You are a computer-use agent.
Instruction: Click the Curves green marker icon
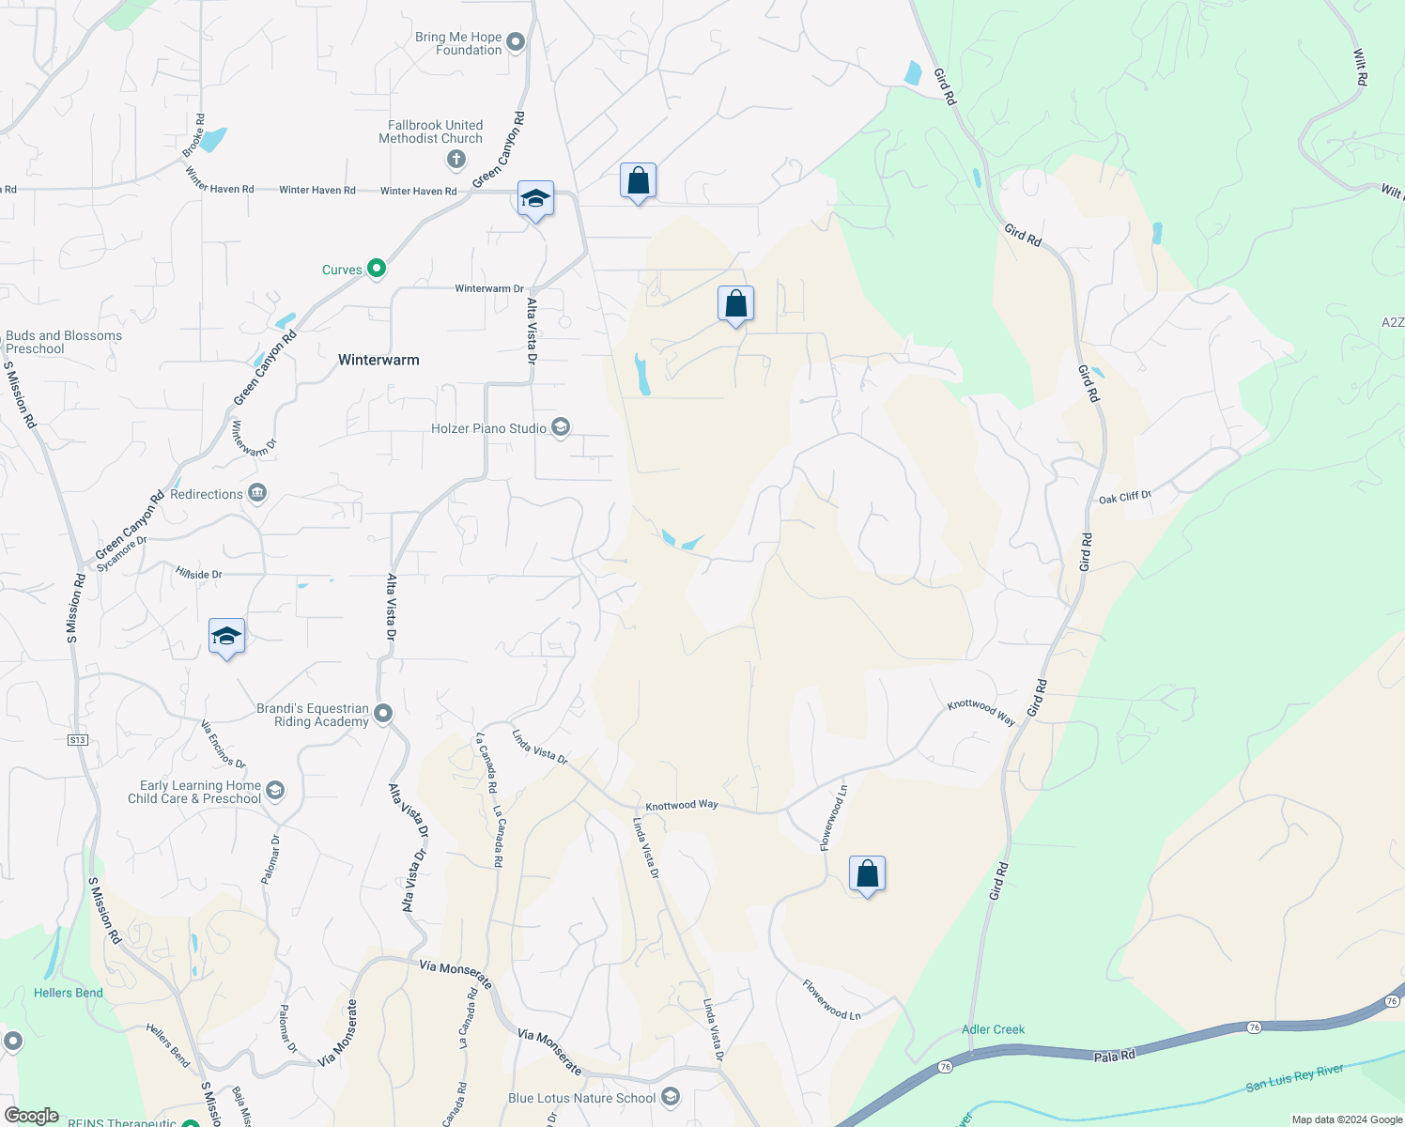coord(377,269)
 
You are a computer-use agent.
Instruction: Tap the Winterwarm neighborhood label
coord(378,360)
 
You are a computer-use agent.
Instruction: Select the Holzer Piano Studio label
coord(488,428)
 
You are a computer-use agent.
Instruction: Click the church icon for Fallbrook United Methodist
coord(456,160)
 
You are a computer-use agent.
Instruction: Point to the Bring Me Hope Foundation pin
coord(516,41)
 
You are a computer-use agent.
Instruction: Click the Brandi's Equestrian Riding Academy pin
coord(383,714)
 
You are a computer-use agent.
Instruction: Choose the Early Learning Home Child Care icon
coord(275,791)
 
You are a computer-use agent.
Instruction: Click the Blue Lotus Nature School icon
coord(671,1096)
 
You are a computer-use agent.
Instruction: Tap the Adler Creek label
coord(993,1029)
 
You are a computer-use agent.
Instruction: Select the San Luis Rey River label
coord(1294,1078)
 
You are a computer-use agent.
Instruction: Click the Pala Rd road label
coord(1115,1056)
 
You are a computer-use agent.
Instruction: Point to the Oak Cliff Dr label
coord(1124,497)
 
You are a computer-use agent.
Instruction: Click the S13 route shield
coord(77,740)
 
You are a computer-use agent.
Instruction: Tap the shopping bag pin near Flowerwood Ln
coord(867,874)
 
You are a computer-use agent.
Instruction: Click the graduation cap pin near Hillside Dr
coord(226,637)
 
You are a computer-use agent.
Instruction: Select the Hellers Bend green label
coord(69,993)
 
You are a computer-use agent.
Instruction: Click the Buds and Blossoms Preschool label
coord(64,342)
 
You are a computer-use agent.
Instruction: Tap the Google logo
coord(32,1116)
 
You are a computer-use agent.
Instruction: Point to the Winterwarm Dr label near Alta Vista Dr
coord(488,288)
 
